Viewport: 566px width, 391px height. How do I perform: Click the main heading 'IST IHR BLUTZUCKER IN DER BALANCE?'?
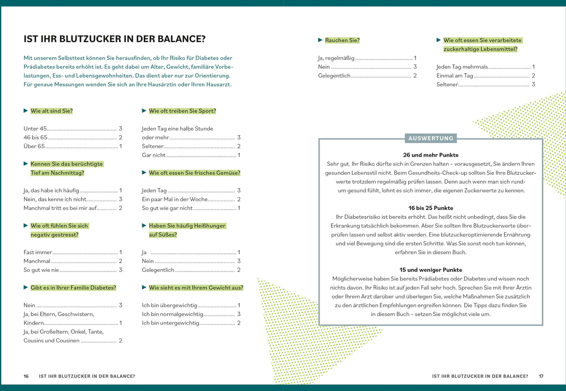[114, 39]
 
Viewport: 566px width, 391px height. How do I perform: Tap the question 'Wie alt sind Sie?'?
[51, 111]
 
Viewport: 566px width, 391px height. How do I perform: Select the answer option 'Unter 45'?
[35, 129]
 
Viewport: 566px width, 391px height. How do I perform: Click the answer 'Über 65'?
[34, 146]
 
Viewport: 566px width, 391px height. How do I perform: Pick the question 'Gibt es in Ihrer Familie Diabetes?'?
[73, 288]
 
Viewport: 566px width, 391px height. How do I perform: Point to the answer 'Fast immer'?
[38, 252]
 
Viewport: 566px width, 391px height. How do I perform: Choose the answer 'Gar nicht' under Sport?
[154, 155]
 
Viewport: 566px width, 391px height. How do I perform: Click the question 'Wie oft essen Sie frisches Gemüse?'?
[194, 173]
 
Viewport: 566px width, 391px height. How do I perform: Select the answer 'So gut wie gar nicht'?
[167, 208]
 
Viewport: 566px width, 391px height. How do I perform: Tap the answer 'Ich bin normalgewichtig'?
[172, 314]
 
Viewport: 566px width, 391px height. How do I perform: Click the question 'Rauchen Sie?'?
[342, 40]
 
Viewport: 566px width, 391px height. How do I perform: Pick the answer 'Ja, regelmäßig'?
[336, 58]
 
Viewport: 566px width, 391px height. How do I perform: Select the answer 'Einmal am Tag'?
[454, 76]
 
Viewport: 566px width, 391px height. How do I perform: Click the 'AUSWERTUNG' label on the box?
[430, 138]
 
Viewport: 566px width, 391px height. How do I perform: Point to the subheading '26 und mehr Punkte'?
[430, 155]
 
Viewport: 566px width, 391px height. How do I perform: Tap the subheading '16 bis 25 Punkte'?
[430, 208]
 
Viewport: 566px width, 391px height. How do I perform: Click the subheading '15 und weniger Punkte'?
[430, 270]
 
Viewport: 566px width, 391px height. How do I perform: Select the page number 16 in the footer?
[26, 376]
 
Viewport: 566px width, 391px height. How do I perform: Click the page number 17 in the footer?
[541, 376]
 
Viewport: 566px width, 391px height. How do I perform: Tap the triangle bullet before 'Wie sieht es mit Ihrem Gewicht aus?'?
[144, 288]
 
